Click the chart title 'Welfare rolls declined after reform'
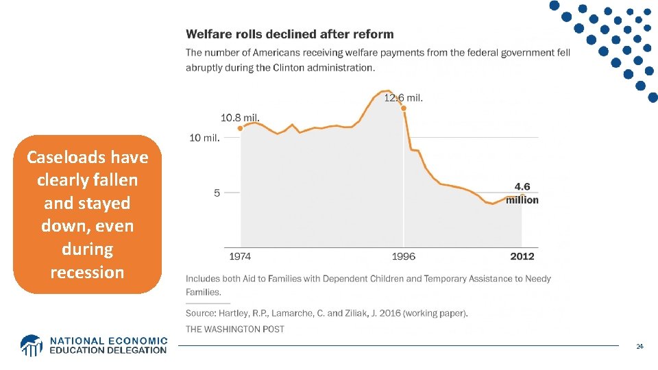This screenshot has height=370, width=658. [290, 34]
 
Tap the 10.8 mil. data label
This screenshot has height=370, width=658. [240, 117]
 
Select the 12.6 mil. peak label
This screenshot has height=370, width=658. [403, 97]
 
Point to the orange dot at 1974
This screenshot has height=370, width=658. [240, 128]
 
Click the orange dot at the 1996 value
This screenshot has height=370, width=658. [404, 108]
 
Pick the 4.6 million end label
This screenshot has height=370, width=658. [522, 193]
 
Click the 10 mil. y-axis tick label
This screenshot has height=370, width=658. [205, 138]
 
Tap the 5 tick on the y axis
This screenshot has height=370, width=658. [217, 193]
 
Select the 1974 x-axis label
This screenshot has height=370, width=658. [240, 256]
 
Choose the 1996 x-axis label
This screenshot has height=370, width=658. [404, 256]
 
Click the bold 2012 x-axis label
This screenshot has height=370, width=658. [522, 256]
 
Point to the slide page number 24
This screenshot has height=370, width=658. [639, 347]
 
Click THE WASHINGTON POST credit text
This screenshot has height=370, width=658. [235, 329]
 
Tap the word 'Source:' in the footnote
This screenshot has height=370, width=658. [202, 313]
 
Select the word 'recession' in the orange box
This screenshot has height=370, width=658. [87, 272]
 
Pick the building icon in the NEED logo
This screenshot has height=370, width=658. [32, 345]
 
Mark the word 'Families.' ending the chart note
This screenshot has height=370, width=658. [204, 292]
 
